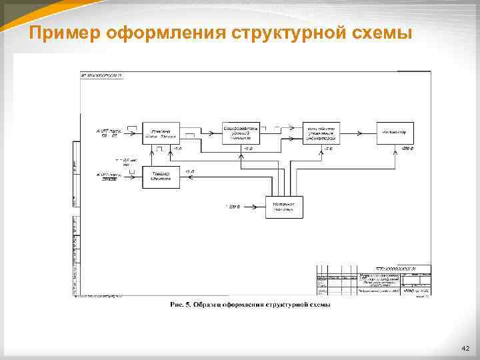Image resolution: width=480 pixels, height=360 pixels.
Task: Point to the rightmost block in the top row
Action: coord(395,133)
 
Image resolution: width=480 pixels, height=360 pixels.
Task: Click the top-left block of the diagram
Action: coord(161,133)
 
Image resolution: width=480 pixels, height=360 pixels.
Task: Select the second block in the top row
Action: coord(241,133)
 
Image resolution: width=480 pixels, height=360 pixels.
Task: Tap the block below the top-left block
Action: coord(161,177)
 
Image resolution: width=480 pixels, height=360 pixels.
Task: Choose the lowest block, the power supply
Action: coord(284,207)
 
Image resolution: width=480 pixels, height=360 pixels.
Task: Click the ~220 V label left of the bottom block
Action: coord(233,207)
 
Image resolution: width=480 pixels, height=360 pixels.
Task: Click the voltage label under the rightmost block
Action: coord(405,148)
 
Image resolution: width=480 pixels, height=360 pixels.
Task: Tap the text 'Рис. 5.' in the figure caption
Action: coord(179,305)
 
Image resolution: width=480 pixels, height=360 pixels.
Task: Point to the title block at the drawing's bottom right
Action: coord(373,281)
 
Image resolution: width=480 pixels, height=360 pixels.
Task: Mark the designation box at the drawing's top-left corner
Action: coord(101,75)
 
